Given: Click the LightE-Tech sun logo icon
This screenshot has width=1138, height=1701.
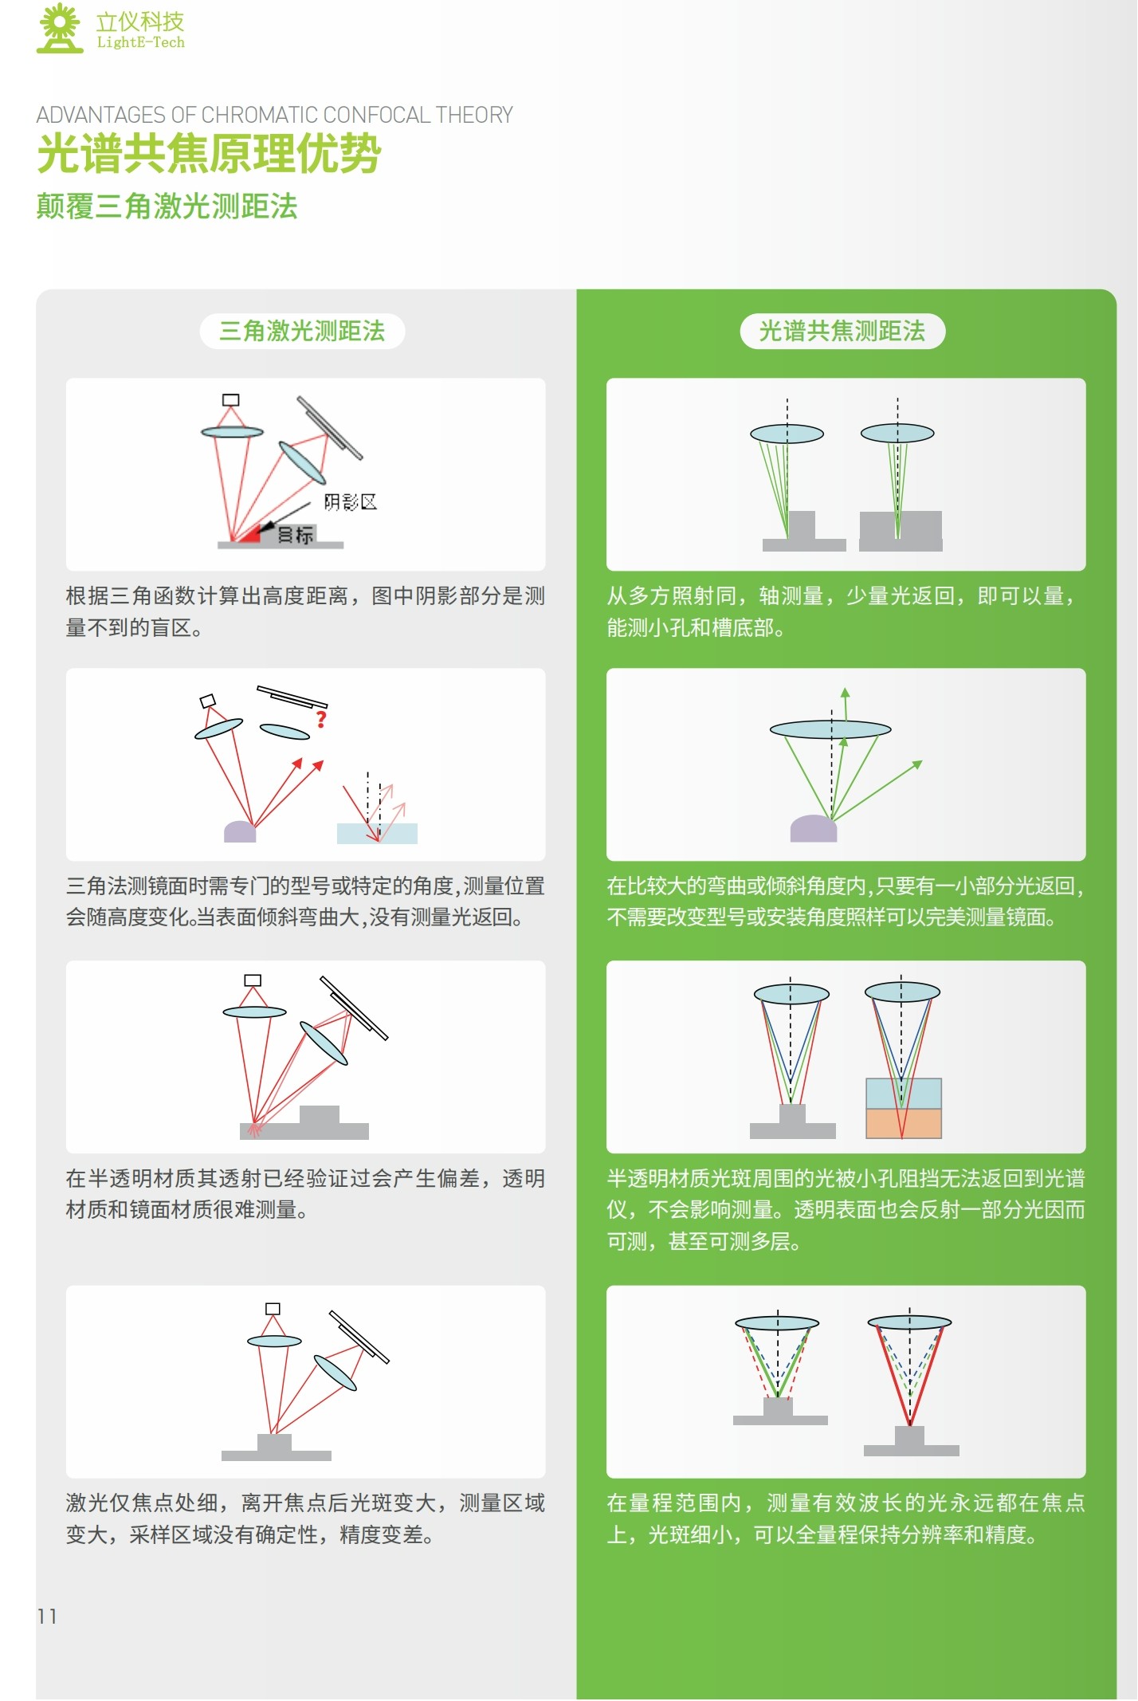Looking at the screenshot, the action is coord(60,29).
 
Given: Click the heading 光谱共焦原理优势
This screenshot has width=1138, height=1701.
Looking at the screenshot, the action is coord(210,153).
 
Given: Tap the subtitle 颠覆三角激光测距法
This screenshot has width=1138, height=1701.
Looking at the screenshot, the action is coord(167,206).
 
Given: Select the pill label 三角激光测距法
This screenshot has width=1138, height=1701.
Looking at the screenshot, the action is coord(302,331).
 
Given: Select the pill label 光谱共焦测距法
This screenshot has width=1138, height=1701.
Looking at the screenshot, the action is coord(842,331).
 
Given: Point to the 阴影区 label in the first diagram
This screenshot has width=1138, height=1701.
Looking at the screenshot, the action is coord(350,501).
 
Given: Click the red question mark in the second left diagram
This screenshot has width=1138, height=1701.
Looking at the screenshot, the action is coord(321,719).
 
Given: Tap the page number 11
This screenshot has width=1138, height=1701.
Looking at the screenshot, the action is coord(47,1617).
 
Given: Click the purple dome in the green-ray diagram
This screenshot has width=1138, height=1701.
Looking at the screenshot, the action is coord(814,829).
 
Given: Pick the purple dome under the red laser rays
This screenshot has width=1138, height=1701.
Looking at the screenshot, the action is coord(240,831).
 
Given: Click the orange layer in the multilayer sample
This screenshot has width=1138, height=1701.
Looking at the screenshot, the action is coord(904,1124).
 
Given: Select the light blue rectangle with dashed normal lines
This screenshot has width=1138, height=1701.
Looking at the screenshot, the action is coord(377,834).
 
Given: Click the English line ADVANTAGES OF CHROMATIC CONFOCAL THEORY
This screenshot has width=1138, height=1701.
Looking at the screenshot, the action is coord(275,116).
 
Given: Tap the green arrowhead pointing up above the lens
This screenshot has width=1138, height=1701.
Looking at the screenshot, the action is coord(845,693).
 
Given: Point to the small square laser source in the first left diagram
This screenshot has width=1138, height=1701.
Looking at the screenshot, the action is coord(231,400).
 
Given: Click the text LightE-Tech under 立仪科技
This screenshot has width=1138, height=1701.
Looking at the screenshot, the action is coord(140,42).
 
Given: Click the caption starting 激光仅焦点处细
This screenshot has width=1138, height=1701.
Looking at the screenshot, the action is coord(305,1518).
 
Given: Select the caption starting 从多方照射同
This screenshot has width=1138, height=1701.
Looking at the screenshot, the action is coord(843,611).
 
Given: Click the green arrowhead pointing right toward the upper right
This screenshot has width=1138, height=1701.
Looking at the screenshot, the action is coord(917,764).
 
